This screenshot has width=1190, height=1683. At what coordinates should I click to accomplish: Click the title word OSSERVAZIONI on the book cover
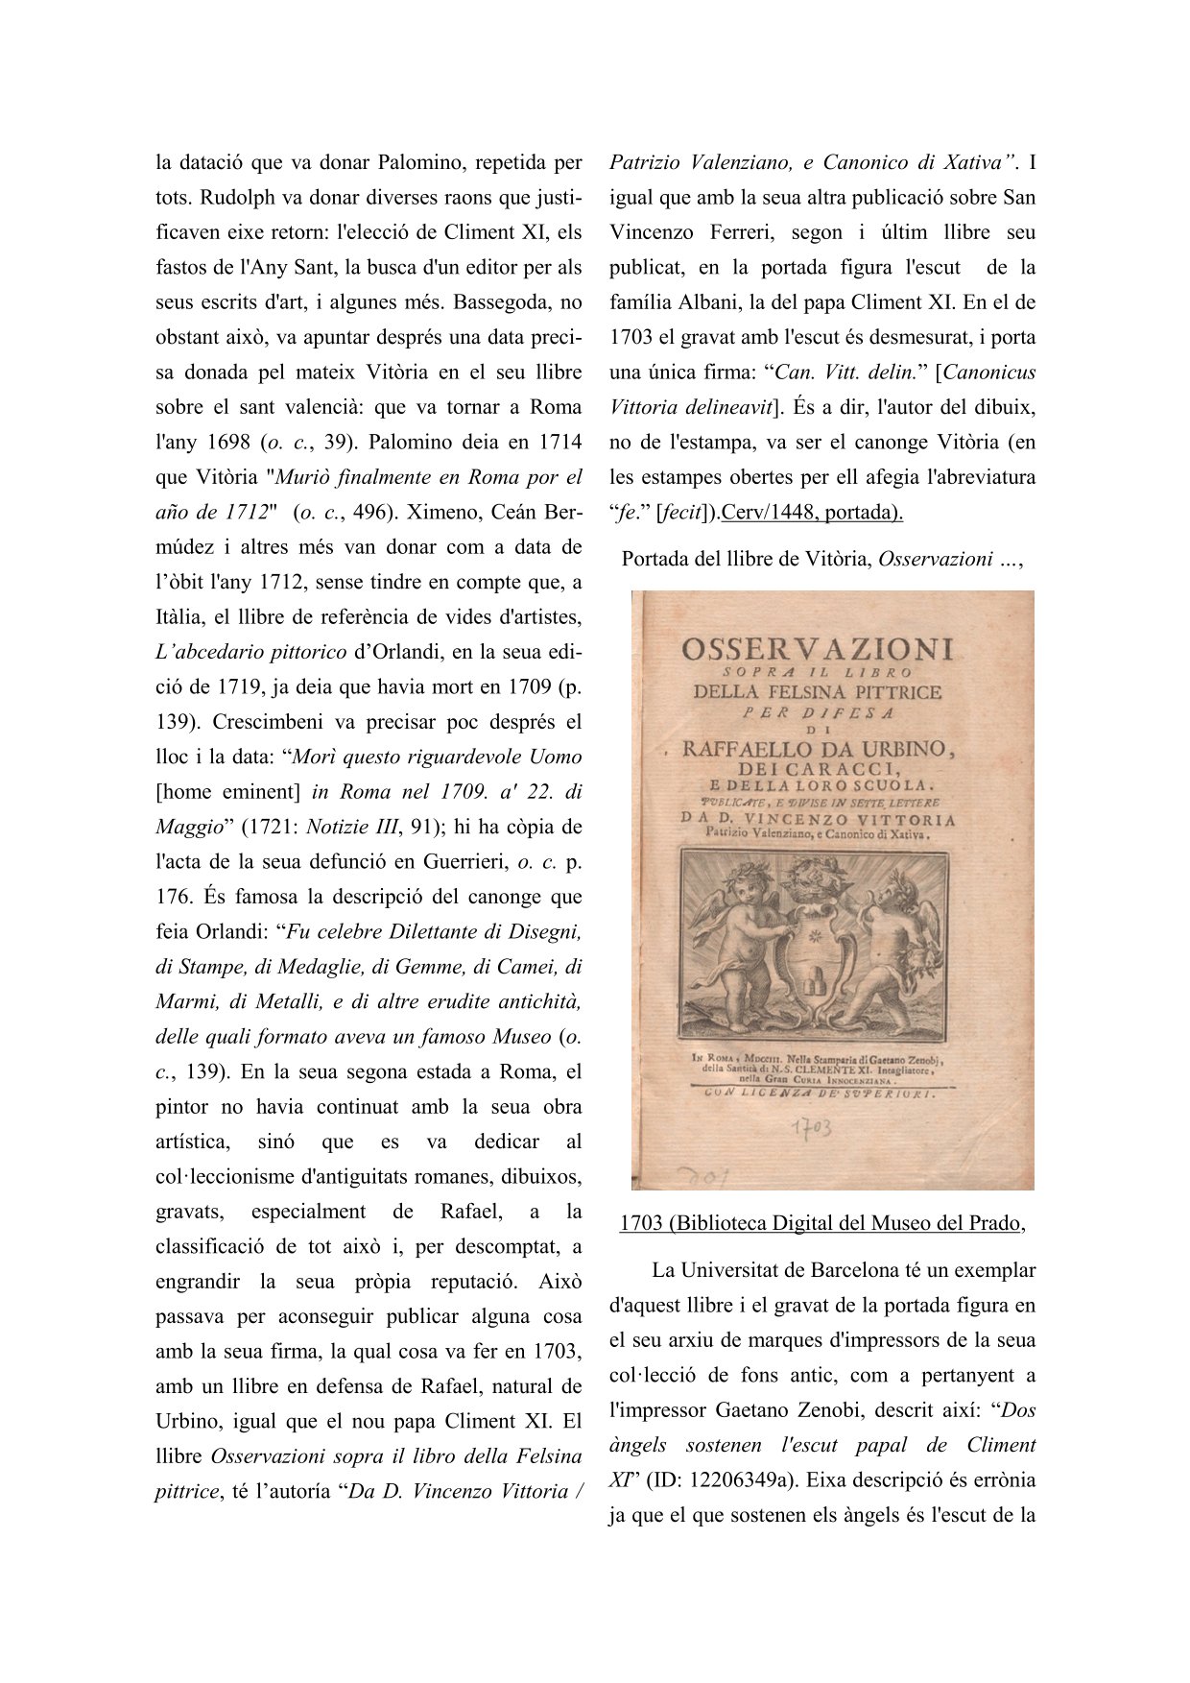[x=818, y=650]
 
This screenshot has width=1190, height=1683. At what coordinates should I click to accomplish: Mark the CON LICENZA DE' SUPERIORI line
[x=819, y=1093]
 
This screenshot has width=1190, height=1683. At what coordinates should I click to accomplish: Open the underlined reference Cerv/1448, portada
[x=811, y=513]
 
